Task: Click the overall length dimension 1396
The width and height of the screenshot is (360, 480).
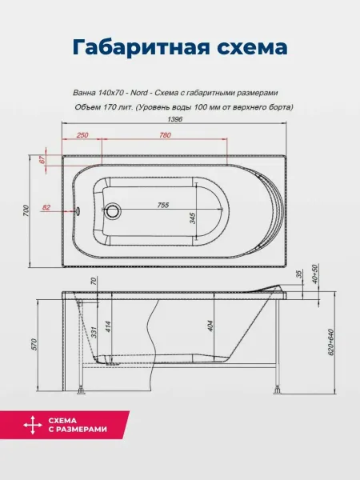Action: pos(174,119)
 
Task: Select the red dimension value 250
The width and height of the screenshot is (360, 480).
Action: pos(82,135)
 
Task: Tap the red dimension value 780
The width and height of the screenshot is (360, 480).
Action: pos(165,135)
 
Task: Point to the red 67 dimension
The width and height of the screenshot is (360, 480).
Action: pos(42,159)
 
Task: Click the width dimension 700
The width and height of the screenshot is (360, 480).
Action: pos(26,211)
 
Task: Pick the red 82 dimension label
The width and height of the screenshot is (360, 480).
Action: pos(46,207)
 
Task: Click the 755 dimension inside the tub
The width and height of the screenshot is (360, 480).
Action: pos(163,205)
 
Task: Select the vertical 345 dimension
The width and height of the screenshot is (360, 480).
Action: pos(193,218)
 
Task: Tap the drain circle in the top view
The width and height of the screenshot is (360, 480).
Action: pos(114,210)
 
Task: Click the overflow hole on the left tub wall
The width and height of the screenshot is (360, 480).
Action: pos(78,210)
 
